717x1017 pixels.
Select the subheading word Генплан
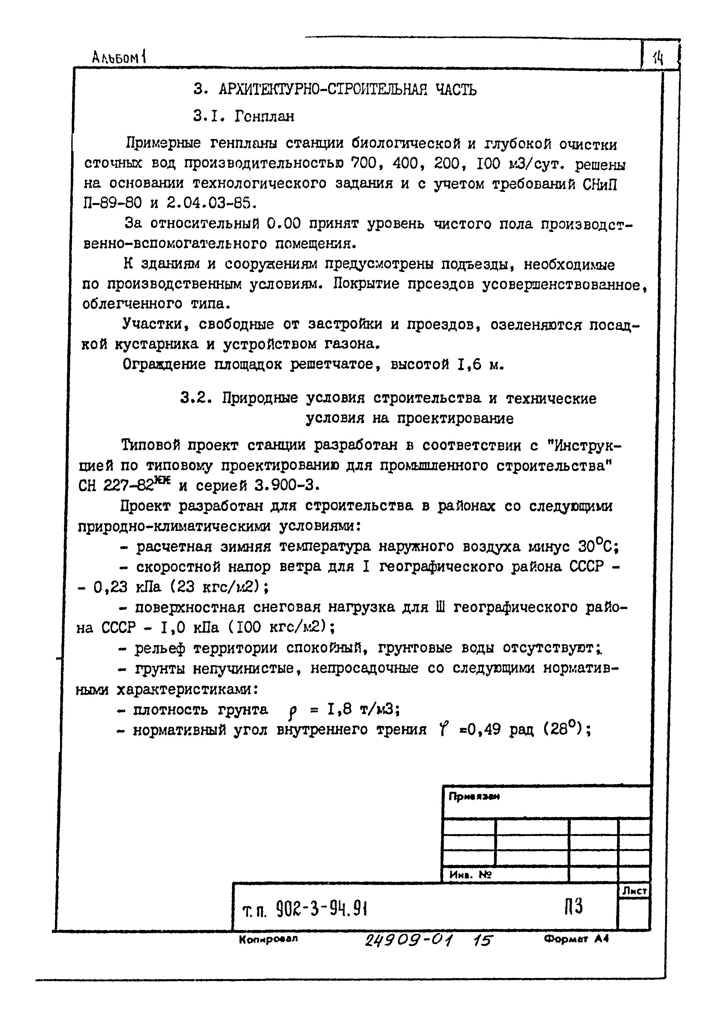264,116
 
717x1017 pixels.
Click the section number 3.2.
194,398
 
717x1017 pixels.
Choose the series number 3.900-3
287,486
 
